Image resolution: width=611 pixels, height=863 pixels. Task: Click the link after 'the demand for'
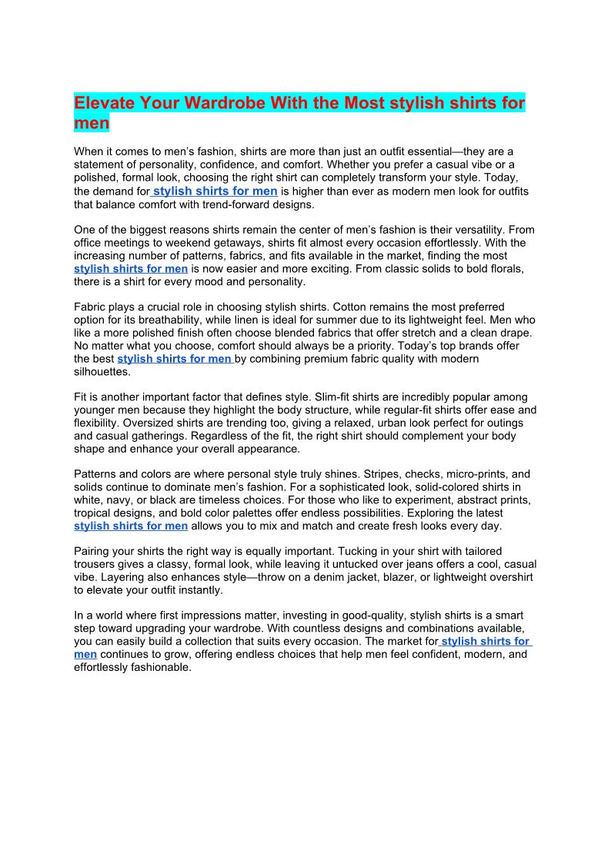[x=215, y=191]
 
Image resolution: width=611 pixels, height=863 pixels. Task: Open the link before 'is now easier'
[x=131, y=269]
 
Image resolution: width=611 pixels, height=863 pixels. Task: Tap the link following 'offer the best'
[x=175, y=359]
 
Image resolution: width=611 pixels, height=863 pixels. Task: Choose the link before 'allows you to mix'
[x=131, y=526]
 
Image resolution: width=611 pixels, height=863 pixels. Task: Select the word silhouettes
[x=102, y=372]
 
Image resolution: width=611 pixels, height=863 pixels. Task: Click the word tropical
[x=94, y=513]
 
